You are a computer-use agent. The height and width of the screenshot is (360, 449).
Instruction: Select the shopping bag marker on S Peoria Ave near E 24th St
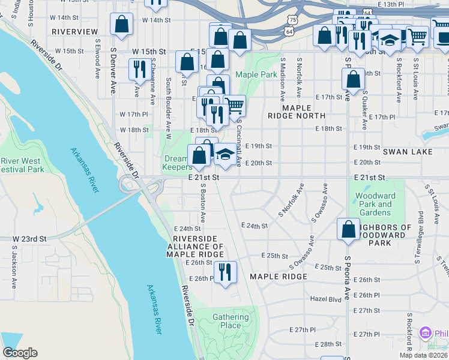coord(348,229)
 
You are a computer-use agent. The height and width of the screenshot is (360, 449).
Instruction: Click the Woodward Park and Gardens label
coord(376,204)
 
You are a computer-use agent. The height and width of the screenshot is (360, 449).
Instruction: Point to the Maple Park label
coord(256,74)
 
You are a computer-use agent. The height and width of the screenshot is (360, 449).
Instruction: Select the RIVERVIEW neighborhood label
coord(74,31)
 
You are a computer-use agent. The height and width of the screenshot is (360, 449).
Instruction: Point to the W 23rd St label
coord(29,239)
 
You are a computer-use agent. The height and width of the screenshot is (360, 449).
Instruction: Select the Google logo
coord(20,353)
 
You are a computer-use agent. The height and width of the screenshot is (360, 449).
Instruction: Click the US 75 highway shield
coord(291,20)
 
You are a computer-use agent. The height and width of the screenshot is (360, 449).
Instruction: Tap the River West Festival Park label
coord(22,165)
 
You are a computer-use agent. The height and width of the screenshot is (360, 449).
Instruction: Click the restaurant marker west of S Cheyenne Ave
coord(139,70)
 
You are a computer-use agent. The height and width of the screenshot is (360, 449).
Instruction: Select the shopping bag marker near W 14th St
coord(121,25)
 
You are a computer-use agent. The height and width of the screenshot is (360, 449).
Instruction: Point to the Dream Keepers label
coord(178,163)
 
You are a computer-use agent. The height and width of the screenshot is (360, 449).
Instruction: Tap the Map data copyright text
coord(424,355)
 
